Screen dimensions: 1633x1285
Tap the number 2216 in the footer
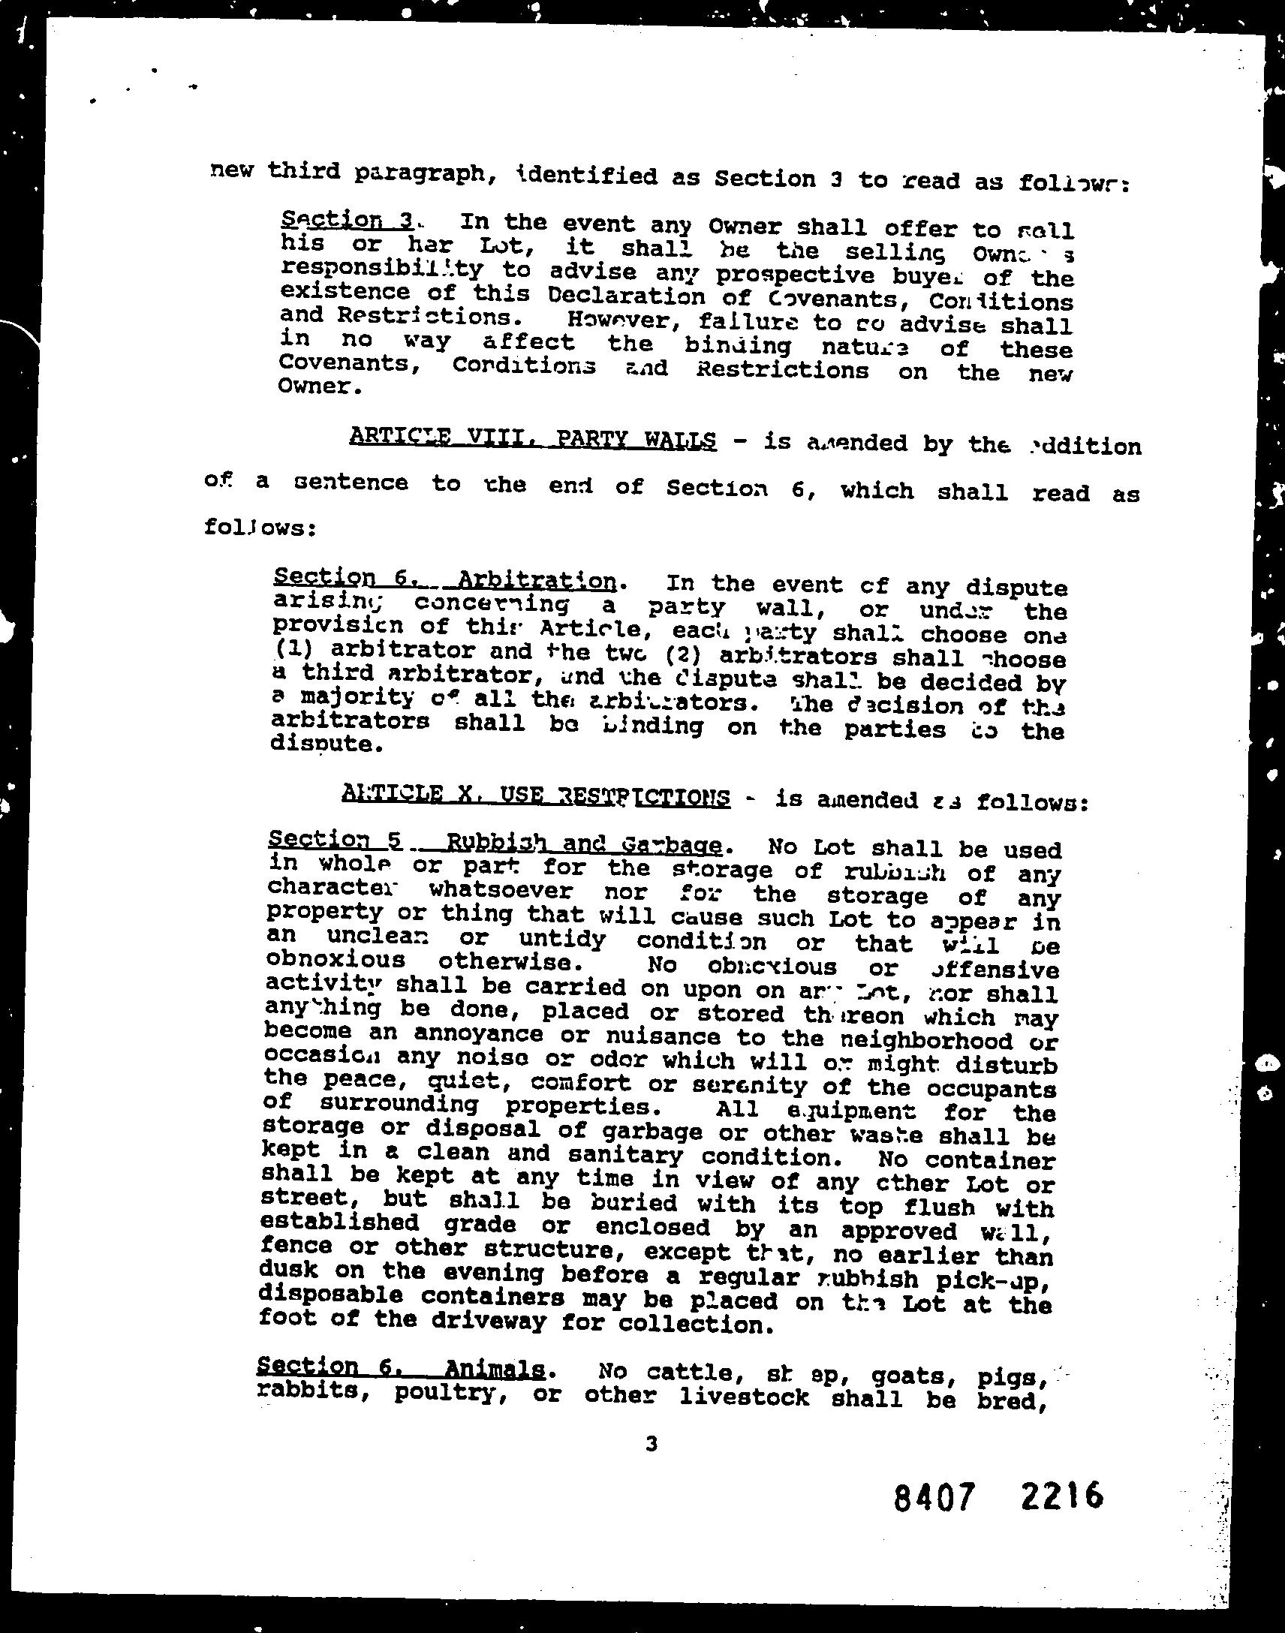click(x=1061, y=1495)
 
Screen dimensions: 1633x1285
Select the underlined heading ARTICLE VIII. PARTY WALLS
click(x=533, y=437)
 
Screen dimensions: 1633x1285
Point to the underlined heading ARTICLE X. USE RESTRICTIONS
click(x=535, y=795)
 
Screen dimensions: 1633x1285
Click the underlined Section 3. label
click(x=347, y=220)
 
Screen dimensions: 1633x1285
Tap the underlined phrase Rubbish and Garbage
click(x=584, y=843)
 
